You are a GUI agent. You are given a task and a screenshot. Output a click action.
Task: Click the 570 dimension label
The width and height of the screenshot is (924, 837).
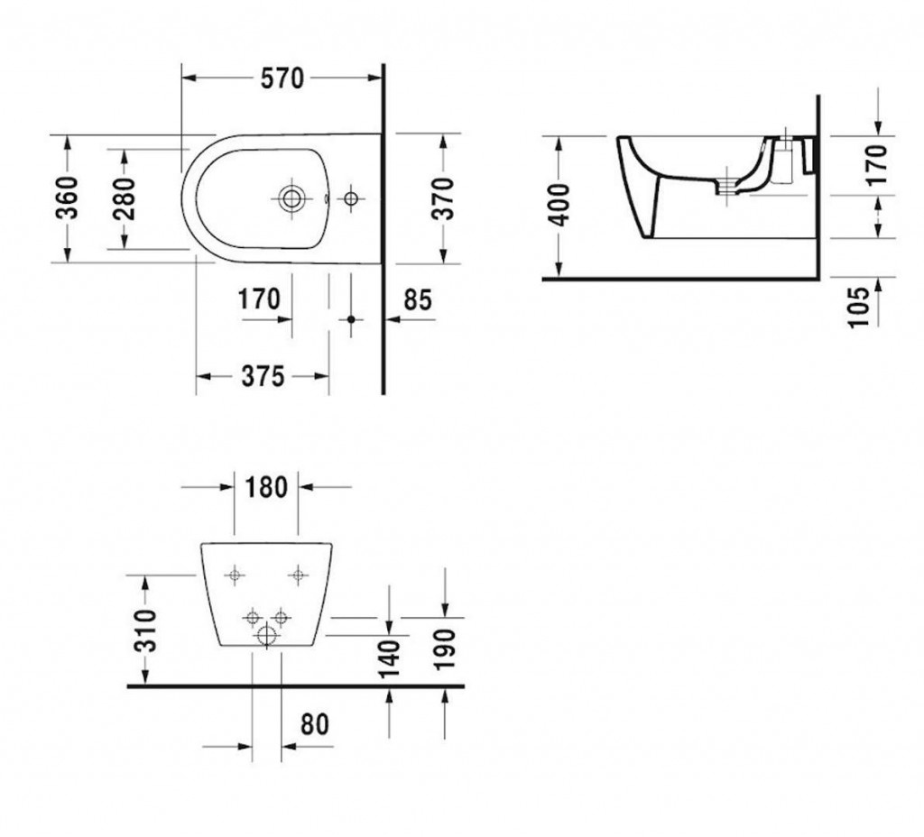[x=282, y=78]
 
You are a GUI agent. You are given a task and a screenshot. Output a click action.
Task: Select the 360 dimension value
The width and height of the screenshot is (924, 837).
[x=67, y=198]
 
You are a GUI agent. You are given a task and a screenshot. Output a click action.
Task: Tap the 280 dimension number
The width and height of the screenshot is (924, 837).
[x=125, y=198]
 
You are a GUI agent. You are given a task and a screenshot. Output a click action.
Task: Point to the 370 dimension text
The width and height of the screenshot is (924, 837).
[x=442, y=198]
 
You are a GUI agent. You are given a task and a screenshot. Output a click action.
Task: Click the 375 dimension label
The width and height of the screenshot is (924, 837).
[x=263, y=376]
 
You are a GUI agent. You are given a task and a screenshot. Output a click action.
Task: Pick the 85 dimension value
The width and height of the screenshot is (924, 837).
[x=418, y=299]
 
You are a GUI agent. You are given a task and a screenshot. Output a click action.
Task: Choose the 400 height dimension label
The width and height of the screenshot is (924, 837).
[x=559, y=205]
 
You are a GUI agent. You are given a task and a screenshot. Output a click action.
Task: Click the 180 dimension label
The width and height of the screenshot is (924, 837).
[x=266, y=488]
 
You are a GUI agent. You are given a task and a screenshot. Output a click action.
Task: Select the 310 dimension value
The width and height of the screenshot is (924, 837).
[x=145, y=630]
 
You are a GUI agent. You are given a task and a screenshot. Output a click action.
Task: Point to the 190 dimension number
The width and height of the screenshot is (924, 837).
[x=445, y=649]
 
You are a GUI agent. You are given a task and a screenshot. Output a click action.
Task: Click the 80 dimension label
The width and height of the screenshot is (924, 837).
[x=315, y=724]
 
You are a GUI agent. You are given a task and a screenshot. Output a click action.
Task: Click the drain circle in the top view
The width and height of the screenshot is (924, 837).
[x=291, y=198]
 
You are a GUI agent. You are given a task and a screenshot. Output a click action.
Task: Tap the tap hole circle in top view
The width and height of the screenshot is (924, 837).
[x=351, y=198]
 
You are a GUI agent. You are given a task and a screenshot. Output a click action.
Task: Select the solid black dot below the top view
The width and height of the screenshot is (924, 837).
[x=351, y=319]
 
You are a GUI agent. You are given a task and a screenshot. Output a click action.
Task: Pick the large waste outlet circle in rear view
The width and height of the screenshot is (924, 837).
[x=267, y=636]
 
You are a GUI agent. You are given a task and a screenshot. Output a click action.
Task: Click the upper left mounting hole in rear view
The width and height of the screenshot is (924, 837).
[x=236, y=575]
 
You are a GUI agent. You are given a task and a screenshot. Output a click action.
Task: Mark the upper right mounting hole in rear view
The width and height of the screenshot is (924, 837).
[x=298, y=575]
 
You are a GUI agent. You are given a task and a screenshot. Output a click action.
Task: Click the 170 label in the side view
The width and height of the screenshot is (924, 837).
[x=878, y=165]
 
